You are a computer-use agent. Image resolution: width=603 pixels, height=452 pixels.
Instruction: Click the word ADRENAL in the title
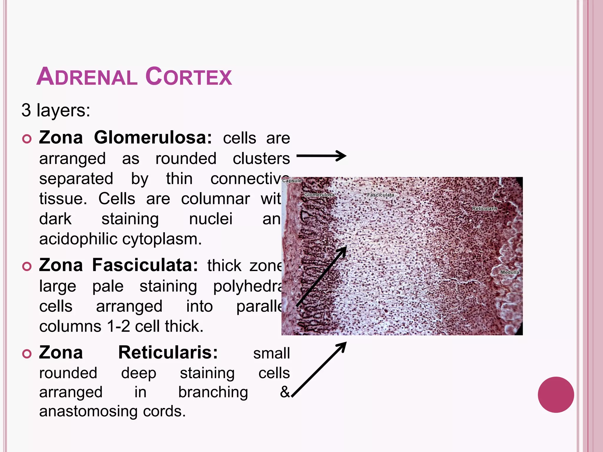(x=87, y=77)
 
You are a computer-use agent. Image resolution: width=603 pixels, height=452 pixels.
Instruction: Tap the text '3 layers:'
(x=56, y=110)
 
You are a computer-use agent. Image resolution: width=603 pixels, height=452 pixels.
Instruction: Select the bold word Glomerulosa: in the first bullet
(x=153, y=137)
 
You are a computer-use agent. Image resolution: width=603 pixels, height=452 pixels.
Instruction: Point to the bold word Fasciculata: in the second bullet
(x=145, y=265)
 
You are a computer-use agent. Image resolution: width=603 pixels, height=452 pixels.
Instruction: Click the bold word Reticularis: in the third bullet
(x=168, y=352)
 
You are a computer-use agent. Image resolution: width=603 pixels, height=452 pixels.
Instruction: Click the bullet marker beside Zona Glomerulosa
(x=27, y=139)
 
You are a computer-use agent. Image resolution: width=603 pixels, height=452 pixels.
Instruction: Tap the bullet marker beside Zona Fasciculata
(x=27, y=266)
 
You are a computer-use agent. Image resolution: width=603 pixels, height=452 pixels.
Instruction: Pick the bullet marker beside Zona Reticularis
(x=27, y=354)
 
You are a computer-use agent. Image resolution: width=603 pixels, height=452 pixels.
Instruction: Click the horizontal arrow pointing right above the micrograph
(x=321, y=156)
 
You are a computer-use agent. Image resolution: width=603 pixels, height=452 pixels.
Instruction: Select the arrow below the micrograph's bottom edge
(x=319, y=369)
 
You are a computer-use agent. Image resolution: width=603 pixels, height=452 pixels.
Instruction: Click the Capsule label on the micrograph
(x=292, y=181)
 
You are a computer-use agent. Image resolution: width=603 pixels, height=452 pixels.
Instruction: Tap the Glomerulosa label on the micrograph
(x=319, y=195)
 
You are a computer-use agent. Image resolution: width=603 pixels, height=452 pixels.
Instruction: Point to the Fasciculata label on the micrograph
(x=380, y=195)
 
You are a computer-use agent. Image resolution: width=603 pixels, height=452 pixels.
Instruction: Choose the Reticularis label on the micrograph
(x=485, y=209)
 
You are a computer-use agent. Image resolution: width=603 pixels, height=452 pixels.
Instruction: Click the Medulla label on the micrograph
(x=510, y=272)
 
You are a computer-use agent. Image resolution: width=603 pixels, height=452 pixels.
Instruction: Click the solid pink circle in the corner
(x=556, y=395)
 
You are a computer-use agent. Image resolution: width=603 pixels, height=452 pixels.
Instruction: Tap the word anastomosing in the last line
(x=88, y=411)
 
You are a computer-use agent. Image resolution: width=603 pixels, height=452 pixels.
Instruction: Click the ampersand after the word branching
(x=285, y=392)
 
